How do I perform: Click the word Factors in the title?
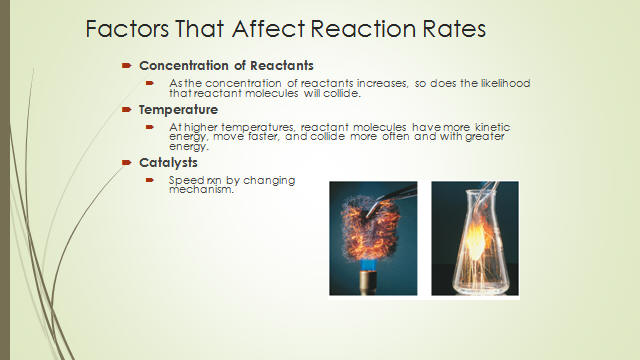[x=127, y=29]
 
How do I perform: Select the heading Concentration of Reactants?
[x=226, y=65]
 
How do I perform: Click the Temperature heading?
[x=178, y=110]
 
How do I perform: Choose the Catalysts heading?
[x=168, y=162]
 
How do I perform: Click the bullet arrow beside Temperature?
[x=127, y=109]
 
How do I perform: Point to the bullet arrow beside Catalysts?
[x=127, y=162]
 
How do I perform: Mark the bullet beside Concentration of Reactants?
[x=127, y=65]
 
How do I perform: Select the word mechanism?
[x=201, y=190]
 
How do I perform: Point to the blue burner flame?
[x=368, y=263]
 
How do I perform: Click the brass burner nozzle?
[x=368, y=282]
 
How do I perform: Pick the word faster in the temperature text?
[x=263, y=136]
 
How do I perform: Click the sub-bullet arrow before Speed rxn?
[x=150, y=180]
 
